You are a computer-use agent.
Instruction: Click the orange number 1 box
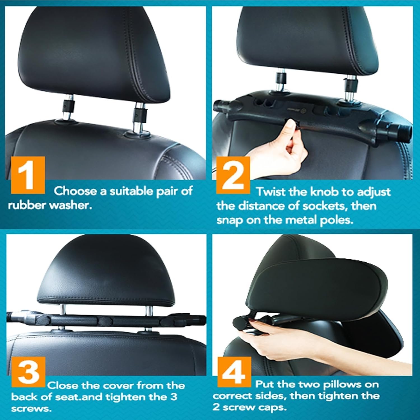28,175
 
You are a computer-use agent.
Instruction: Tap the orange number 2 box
233,175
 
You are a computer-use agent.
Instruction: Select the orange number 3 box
29,372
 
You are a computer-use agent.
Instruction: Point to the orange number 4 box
234,372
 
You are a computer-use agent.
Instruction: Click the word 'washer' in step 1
71,206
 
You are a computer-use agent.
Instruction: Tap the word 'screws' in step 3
31,409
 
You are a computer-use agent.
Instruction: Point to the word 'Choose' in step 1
75,191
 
